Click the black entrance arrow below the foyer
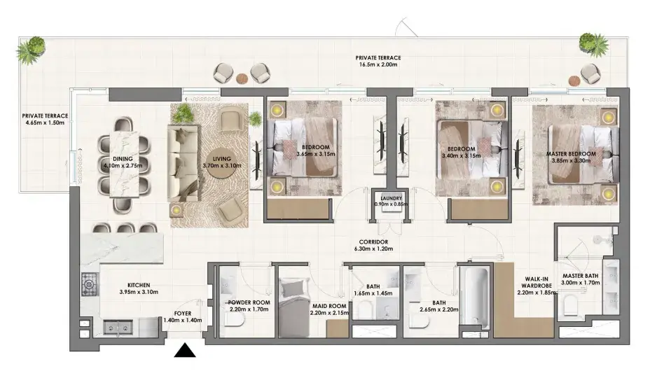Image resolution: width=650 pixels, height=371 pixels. pos(185,350)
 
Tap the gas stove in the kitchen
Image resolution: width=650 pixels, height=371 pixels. pos(90,284)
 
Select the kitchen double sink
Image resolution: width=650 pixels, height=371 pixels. pos(118,328)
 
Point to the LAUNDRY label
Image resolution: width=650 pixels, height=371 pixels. pos(391,198)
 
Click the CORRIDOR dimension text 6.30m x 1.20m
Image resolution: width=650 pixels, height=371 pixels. pos(373,249)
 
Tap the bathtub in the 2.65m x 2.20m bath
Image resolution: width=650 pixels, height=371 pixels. pos(475,297)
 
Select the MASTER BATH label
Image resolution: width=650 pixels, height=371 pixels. pos(581,276)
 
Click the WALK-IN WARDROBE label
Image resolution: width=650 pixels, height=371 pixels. pos(537,282)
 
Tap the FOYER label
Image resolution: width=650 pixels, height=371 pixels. pos(183,314)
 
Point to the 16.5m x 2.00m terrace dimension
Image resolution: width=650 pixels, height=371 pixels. pos(378,64)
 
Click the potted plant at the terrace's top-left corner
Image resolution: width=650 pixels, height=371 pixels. pos(31,50)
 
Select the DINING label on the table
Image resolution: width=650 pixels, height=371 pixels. pos(123,159)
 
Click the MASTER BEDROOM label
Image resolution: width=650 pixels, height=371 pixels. pos(571,153)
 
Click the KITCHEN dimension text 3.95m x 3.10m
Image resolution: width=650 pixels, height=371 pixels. pos(139,292)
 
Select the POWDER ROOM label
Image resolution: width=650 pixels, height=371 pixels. pos(249,302)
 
